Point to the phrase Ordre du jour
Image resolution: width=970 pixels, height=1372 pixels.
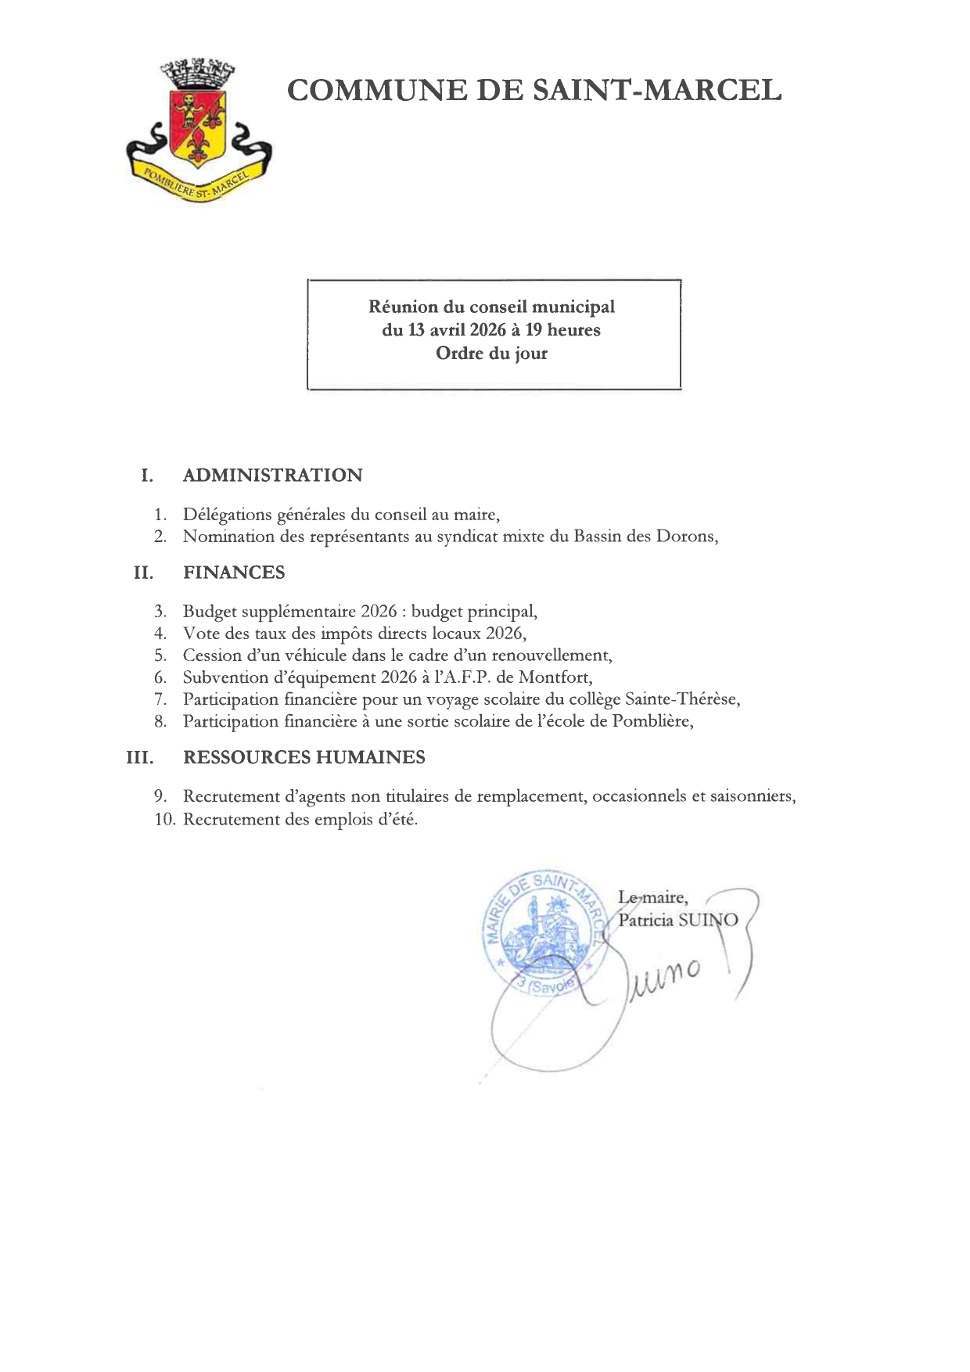click(491, 354)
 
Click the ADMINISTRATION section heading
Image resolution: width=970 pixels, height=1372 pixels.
click(272, 476)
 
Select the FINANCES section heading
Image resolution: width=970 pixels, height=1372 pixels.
click(234, 573)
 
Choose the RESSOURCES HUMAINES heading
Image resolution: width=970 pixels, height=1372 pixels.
click(304, 757)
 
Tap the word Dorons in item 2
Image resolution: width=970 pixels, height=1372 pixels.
click(684, 537)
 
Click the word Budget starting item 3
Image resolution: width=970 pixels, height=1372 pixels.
click(210, 612)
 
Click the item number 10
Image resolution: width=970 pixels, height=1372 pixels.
click(165, 820)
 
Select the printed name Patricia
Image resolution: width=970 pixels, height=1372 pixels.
click(645, 921)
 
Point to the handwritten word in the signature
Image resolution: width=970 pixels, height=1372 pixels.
click(665, 978)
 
